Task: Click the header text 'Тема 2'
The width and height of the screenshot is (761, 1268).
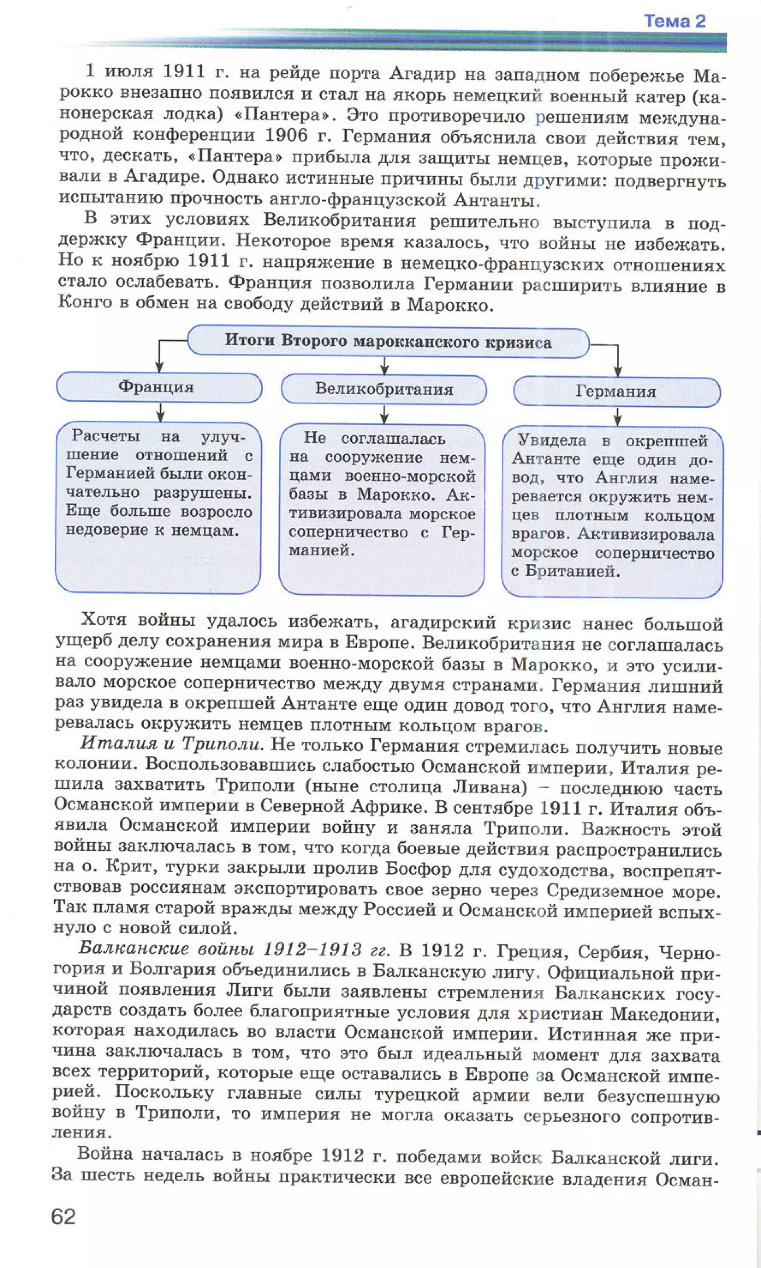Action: pyautogui.click(x=674, y=21)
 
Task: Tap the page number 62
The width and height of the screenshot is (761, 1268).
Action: pyautogui.click(x=64, y=1216)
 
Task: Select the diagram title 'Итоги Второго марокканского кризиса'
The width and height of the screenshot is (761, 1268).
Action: pyautogui.click(x=388, y=342)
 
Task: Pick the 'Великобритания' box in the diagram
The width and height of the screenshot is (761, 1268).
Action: pyautogui.click(x=384, y=389)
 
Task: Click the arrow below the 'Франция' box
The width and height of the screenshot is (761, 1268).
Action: pyautogui.click(x=160, y=412)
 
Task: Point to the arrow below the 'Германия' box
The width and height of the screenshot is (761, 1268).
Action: pyautogui.click(x=618, y=417)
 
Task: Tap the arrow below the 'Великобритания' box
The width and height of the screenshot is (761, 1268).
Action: pyautogui.click(x=385, y=414)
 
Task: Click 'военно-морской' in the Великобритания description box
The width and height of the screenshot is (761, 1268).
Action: pyautogui.click(x=410, y=476)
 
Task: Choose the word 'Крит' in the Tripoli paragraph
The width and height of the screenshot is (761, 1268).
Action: pyautogui.click(x=125, y=866)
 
